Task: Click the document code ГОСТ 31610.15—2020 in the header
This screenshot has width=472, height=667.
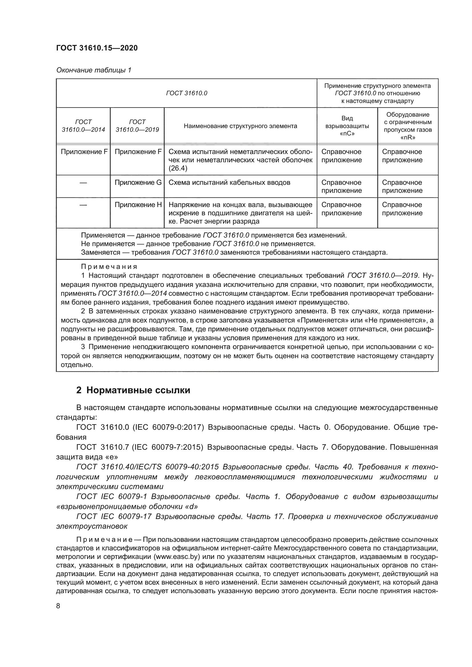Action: [97, 48]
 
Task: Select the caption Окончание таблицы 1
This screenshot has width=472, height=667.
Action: [94, 70]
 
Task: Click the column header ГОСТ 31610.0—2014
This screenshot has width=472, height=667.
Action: [83, 126]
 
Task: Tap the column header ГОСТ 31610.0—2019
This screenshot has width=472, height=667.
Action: [137, 126]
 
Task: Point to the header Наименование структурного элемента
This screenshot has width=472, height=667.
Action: [240, 126]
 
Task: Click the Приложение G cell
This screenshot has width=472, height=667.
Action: [138, 183]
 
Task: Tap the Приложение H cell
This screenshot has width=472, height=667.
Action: [138, 205]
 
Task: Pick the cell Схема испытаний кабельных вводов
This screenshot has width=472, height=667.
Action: [229, 183]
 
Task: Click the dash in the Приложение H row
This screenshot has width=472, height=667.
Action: [83, 205]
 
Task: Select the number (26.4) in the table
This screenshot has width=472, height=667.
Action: [178, 169]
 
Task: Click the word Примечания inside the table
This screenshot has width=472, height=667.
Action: [109, 267]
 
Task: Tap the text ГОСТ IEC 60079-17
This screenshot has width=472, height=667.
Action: [114, 516]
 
